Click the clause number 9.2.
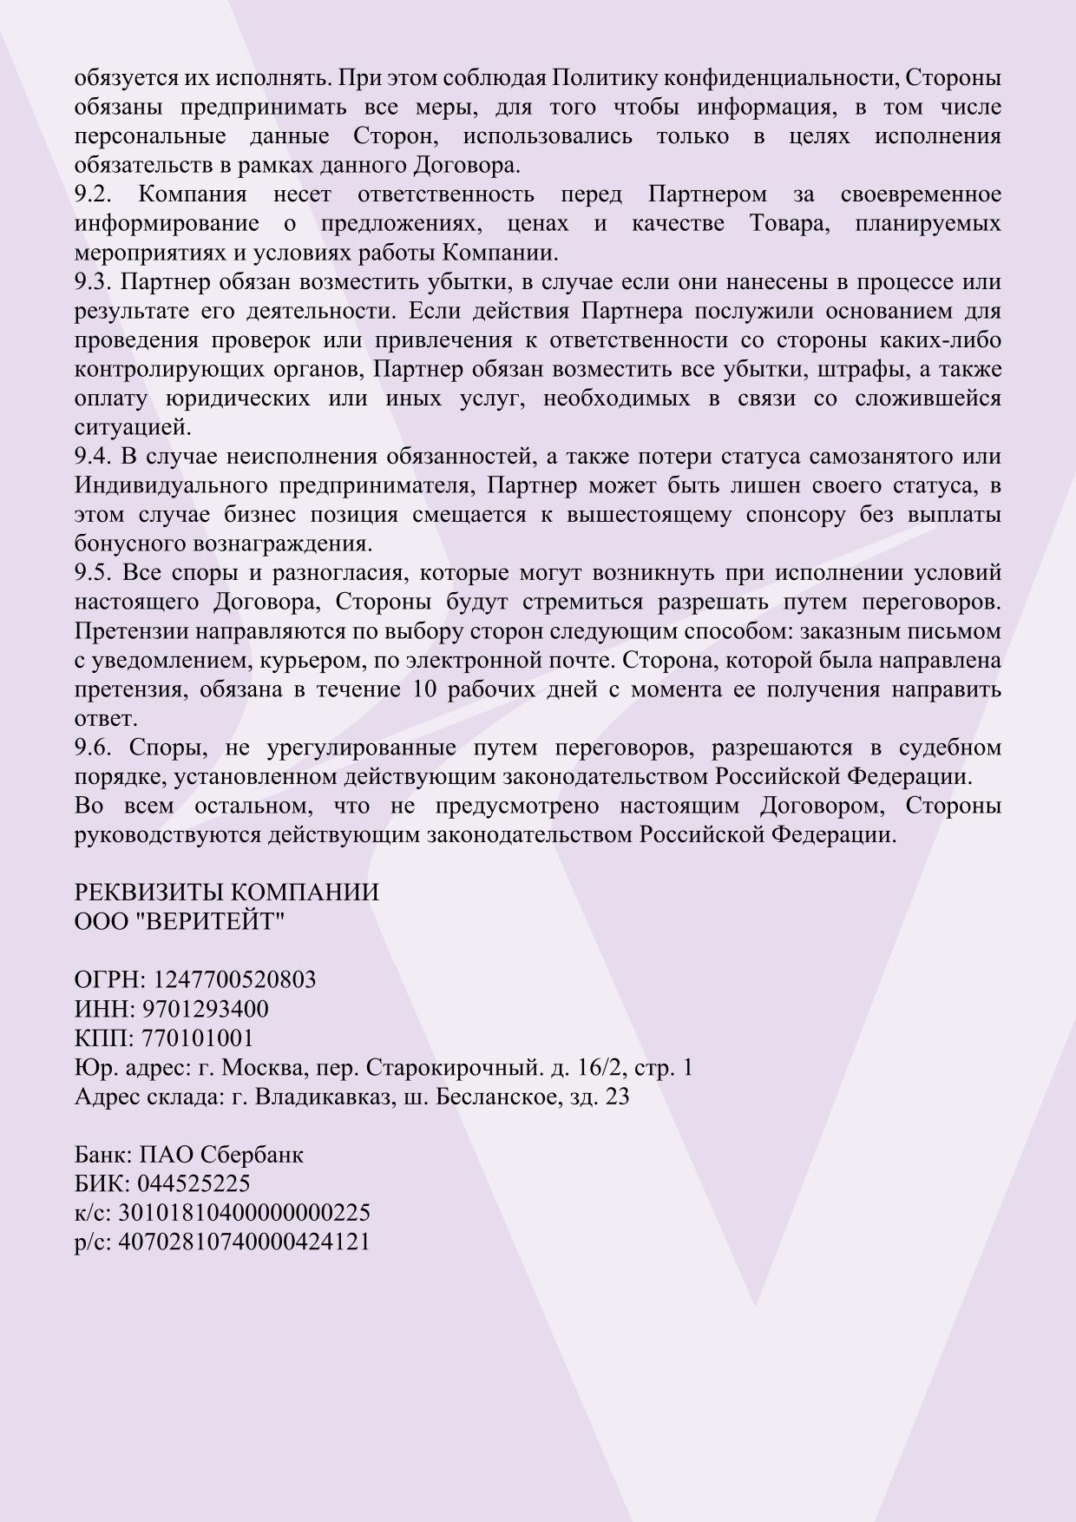click(x=94, y=194)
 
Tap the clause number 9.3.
click(x=94, y=282)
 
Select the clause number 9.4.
click(x=94, y=457)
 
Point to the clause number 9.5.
click(x=94, y=573)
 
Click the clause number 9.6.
click(x=94, y=748)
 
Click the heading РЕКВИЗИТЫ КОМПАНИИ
click(x=226, y=893)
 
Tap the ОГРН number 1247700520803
click(x=234, y=980)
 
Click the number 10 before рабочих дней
click(x=416, y=690)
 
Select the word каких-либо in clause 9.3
click(x=941, y=340)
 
